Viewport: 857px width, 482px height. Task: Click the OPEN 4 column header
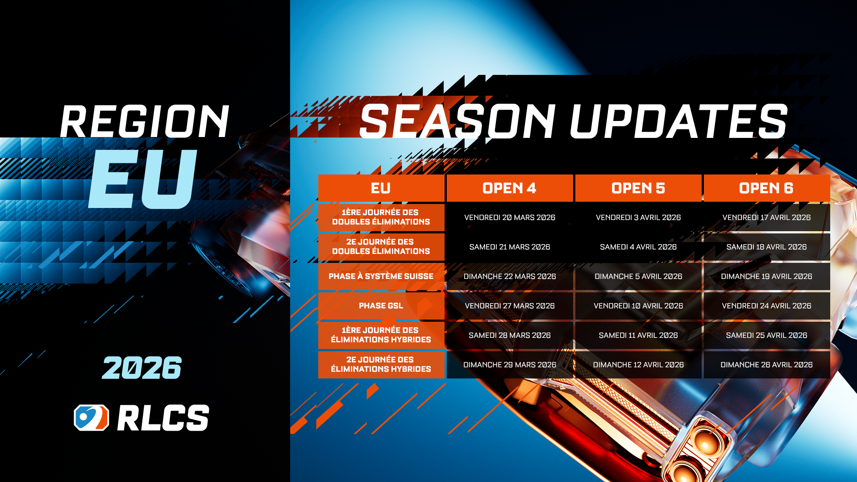[510, 188]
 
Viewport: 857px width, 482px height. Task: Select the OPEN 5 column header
[638, 188]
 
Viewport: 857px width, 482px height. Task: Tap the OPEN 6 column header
[767, 188]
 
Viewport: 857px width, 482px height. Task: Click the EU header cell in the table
[381, 188]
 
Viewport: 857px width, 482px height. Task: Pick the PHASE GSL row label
[381, 306]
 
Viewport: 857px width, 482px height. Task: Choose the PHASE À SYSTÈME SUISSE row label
[381, 276]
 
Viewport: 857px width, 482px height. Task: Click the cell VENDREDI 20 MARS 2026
[510, 217]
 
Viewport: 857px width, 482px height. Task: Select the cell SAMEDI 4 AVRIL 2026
[638, 247]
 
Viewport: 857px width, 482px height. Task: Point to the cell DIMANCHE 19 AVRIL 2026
[767, 276]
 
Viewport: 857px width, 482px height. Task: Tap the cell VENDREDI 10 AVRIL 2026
[638, 306]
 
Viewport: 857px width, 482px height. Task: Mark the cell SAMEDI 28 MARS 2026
[510, 335]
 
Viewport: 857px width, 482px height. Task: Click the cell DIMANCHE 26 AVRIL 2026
[767, 365]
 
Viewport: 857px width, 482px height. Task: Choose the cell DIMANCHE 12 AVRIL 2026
[638, 365]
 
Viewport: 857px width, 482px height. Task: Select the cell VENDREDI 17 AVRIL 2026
[767, 217]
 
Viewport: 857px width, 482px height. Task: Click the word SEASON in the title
[457, 121]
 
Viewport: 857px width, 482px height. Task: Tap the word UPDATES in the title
[678, 121]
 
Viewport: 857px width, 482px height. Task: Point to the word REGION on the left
[145, 121]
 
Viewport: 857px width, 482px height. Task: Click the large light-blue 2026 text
[142, 368]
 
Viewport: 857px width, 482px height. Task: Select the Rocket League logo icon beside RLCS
[92, 418]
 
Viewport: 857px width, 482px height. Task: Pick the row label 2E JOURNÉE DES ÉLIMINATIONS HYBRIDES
[381, 365]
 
